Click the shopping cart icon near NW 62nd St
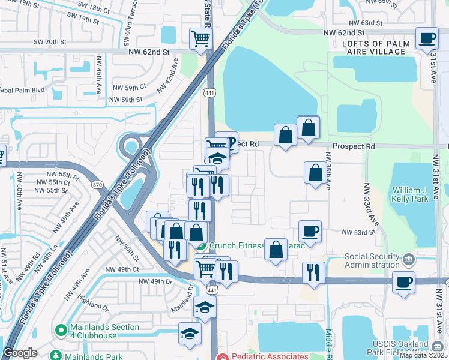tap(201, 39)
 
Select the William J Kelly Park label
tap(412, 194)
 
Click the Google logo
tap(20, 353)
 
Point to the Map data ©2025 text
tap(423, 355)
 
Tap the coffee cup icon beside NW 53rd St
tap(310, 231)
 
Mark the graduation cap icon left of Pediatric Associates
tap(190, 334)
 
